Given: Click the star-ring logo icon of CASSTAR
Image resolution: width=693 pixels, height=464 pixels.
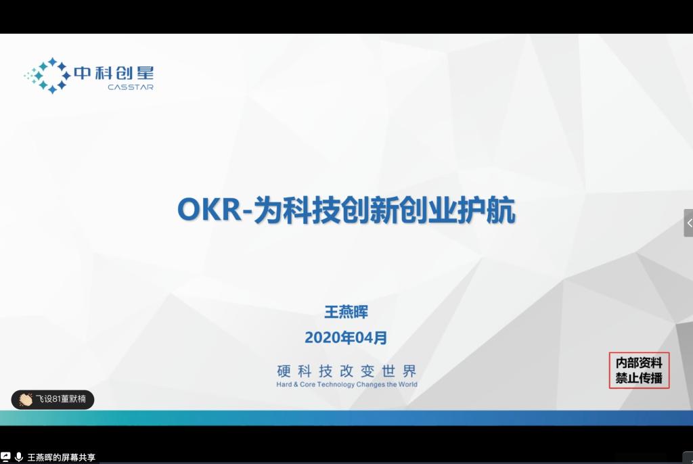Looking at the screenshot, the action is (48, 76).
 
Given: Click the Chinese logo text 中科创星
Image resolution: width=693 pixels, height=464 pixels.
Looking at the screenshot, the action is (114, 73).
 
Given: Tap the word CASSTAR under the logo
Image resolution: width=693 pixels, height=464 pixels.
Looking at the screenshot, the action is (131, 87).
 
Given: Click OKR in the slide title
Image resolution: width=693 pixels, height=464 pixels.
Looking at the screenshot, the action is (209, 210).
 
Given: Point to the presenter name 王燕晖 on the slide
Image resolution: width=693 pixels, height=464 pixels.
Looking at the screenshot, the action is (346, 312).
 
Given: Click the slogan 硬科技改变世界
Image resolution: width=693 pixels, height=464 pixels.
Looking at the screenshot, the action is (346, 371).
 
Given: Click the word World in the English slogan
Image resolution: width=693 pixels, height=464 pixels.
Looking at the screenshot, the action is (407, 384).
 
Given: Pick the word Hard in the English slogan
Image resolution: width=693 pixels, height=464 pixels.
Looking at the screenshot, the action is (284, 384).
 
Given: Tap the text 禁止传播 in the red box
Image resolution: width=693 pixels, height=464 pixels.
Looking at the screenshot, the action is (639, 378).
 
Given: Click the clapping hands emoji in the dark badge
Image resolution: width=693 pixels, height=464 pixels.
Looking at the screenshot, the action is (26, 400).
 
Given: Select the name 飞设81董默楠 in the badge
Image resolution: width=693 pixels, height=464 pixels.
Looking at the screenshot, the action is (60, 399).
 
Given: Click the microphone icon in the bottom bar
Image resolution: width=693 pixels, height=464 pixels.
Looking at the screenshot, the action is (19, 457).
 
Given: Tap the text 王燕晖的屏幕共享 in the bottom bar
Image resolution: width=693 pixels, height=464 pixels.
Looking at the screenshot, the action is (62, 457).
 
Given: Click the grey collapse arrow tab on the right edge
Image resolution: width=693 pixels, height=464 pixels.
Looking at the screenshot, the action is (688, 223).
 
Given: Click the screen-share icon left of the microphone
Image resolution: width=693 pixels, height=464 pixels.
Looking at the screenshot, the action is (5, 457).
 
